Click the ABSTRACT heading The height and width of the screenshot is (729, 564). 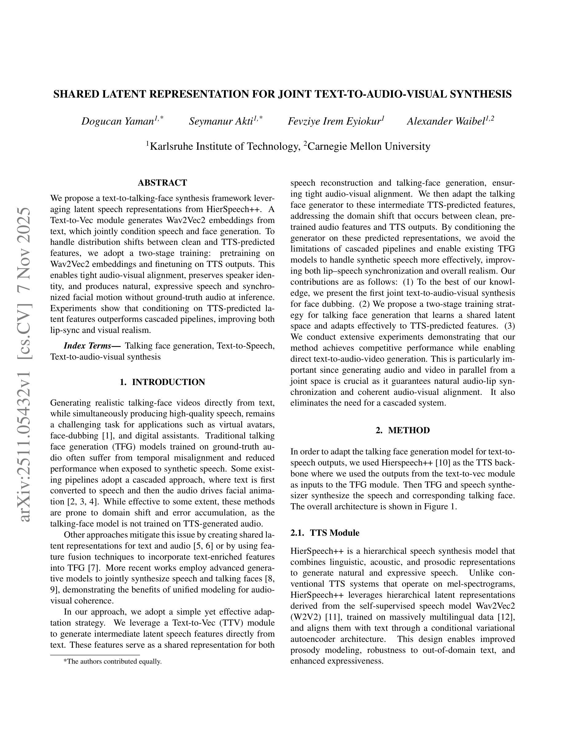[x=163, y=183]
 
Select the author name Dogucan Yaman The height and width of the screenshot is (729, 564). [x=117, y=121]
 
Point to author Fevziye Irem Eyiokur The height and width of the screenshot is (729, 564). [x=335, y=121]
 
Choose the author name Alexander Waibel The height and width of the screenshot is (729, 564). [x=446, y=121]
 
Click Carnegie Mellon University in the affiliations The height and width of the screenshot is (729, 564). [x=369, y=147]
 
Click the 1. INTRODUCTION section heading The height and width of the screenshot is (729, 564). [x=163, y=382]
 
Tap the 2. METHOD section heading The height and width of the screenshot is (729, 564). [x=403, y=430]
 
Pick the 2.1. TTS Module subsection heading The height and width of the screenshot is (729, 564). [x=325, y=533]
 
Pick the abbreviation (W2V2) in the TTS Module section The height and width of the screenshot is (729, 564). [x=304, y=617]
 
